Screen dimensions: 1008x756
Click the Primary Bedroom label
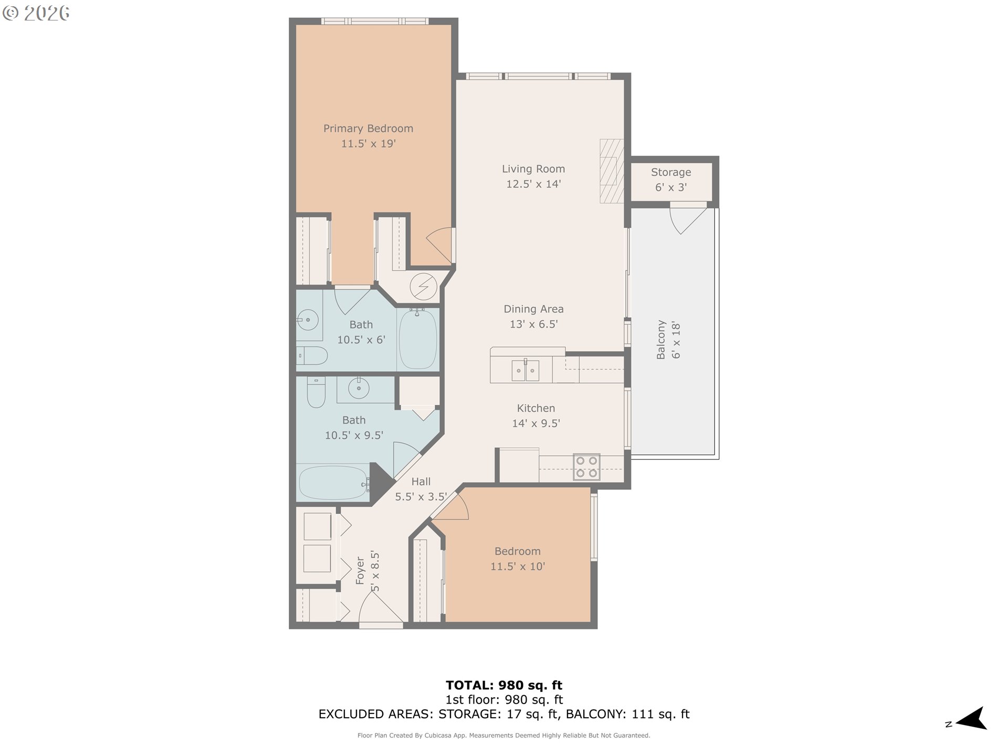(368, 129)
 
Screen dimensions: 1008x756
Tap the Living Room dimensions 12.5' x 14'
(533, 184)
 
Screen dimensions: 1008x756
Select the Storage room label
(671, 172)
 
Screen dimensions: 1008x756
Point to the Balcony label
(661, 340)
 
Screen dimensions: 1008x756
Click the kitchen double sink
(525, 370)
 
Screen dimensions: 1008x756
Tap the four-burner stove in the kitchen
(586, 467)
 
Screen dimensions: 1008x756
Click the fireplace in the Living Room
(612, 171)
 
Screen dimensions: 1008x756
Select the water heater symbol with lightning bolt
(423, 287)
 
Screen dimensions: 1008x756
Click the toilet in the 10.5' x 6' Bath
(312, 355)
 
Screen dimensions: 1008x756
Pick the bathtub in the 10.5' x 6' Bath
(418, 339)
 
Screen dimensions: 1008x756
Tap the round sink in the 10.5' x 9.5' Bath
(359, 389)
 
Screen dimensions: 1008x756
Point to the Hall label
(421, 481)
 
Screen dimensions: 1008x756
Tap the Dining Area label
(533, 309)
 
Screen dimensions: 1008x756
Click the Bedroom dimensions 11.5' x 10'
(518, 566)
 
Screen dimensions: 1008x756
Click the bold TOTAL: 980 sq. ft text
(504, 685)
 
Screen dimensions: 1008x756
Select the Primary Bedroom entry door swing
(440, 245)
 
